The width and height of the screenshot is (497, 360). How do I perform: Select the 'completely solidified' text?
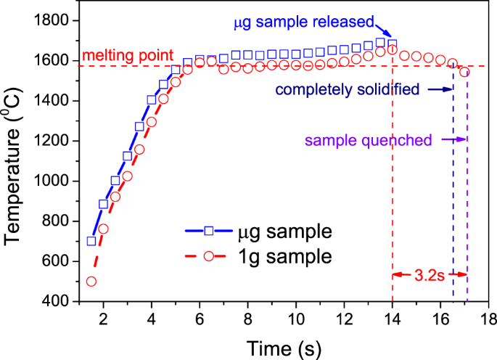(x=347, y=91)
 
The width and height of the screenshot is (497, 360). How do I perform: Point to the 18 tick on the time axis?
(x=489, y=319)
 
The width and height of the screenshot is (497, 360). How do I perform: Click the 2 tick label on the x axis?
(x=103, y=319)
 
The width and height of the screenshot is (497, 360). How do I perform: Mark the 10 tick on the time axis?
(x=295, y=319)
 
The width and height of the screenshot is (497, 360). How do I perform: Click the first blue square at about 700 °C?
(x=91, y=241)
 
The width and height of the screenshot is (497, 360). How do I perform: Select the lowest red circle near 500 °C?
(x=91, y=281)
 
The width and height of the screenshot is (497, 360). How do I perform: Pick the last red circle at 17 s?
(x=464, y=72)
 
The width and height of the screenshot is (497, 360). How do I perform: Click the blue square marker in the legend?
(x=208, y=232)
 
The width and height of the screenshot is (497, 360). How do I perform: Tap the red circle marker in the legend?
(x=208, y=255)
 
